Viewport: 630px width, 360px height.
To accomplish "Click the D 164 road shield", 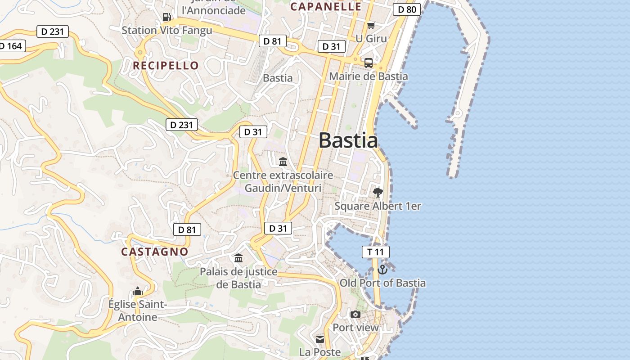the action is [11, 46].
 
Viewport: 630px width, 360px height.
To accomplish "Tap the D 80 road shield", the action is [406, 9].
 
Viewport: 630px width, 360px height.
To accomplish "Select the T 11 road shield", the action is [376, 252].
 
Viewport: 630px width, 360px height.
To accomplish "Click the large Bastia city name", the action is [348, 140].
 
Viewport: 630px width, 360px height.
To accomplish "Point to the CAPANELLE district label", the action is [326, 7].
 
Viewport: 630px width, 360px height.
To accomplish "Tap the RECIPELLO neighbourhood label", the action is [166, 66].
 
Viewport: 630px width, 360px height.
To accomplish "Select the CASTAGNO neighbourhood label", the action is [154, 252].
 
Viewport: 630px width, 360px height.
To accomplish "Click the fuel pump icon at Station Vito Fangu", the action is [166, 17].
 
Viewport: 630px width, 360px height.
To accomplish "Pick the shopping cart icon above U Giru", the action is [371, 26].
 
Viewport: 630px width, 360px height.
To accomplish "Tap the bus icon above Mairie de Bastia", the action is [369, 63].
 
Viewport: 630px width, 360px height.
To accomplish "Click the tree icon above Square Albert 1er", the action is [378, 193].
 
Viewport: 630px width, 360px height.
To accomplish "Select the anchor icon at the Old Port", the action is [382, 270].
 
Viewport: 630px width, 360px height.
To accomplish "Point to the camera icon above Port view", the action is [355, 314].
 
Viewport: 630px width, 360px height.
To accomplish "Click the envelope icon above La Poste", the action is [320, 339].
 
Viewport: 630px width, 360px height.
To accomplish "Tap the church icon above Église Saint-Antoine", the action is [138, 292].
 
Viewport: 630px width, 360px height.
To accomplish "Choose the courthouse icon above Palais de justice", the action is [238, 258].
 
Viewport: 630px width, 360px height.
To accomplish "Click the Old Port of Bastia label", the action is [382, 283].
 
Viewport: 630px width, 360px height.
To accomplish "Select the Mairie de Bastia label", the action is [369, 76].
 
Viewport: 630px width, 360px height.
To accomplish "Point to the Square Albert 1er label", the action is [378, 206].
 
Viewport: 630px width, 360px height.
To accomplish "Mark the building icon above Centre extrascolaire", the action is [283, 162].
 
